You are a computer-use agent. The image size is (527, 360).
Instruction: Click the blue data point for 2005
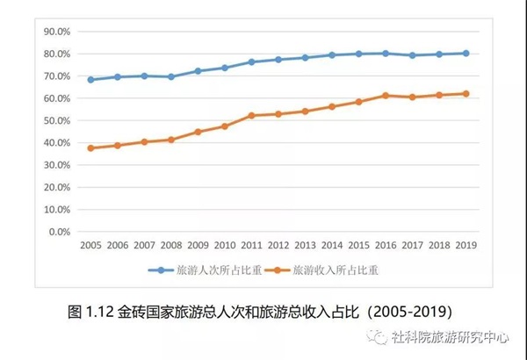pos(90,80)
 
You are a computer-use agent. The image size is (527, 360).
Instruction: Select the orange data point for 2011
pos(251,116)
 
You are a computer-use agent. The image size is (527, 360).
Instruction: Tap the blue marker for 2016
pos(386,54)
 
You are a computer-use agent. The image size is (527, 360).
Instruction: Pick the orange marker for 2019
pos(466,94)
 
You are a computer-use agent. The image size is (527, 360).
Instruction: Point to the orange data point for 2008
pos(171,140)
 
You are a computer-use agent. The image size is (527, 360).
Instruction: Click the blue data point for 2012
pos(278,60)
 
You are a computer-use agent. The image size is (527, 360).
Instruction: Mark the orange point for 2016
pos(386,96)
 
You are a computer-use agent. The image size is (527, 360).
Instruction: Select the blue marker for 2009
pos(198,71)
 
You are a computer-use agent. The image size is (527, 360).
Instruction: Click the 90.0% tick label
pos(57,32)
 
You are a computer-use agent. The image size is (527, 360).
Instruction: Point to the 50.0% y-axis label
pos(57,120)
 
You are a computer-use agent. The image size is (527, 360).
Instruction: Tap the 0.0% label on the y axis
pos(60,232)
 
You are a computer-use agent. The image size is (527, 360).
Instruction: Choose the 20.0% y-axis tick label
pos(57,187)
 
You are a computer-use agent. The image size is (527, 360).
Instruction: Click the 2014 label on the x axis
pos(332,245)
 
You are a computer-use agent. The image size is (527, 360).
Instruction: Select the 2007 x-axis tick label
pos(144,245)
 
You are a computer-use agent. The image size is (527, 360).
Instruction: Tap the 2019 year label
pos(466,245)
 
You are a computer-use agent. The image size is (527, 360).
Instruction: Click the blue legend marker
pos(161,270)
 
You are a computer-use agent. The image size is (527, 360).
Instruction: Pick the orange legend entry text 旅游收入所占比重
pos(336,270)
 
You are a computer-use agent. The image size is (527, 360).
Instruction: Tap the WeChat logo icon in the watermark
pos(377,337)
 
